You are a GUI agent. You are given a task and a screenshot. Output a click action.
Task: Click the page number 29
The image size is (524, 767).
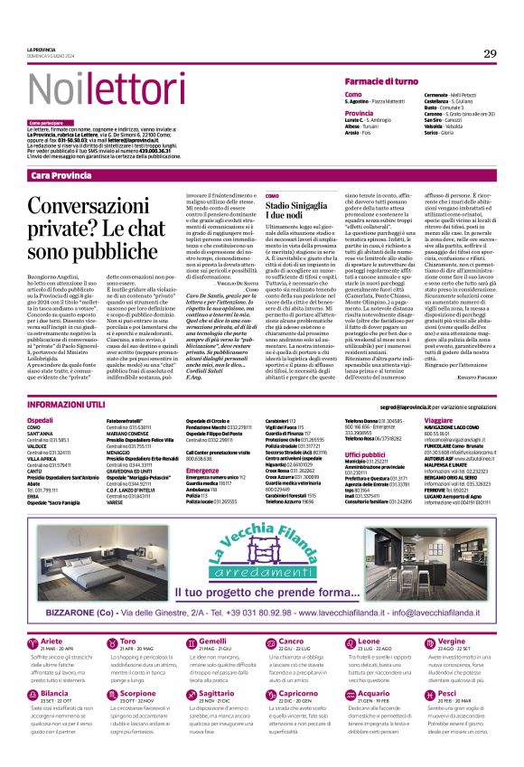coord(490,54)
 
